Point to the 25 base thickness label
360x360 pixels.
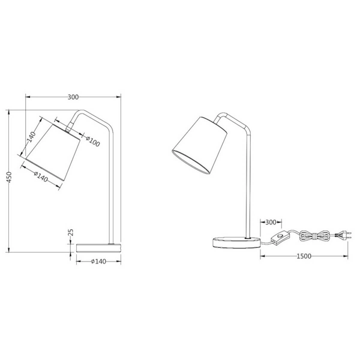point(71,232)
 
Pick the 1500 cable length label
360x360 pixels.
point(304,256)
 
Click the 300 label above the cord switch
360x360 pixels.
point(270,223)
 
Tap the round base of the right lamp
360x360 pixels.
point(234,241)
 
